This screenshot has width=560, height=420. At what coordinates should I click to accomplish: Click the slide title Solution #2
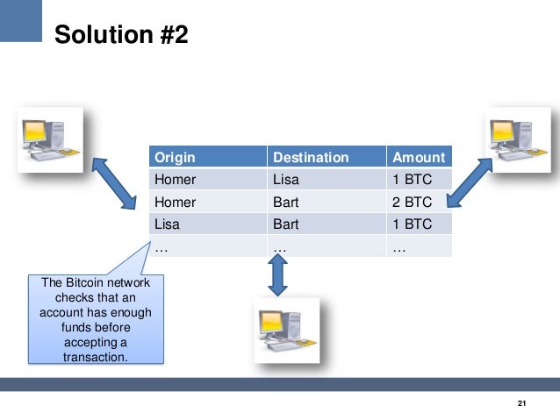pos(120,35)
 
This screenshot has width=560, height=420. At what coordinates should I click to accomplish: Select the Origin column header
pos(175,158)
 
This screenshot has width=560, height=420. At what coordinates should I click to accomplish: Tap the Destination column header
pos(311,158)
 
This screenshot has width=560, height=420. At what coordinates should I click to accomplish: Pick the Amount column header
pos(419,158)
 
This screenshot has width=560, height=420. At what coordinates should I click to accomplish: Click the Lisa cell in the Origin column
pos(168,224)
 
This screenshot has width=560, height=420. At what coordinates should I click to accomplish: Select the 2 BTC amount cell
pos(412,202)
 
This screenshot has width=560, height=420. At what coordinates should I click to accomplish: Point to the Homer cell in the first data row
pos(176,180)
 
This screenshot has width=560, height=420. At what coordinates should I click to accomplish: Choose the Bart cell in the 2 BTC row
pos(286,202)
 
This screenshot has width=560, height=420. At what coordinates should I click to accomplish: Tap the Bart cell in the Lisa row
pos(286,224)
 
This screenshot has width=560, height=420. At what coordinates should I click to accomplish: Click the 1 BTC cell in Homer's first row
pos(412,180)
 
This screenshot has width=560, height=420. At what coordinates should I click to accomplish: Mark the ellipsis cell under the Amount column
pos(399,246)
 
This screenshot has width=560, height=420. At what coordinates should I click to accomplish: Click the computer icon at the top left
pos(52,138)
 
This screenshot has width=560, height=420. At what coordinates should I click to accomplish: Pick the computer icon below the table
pos(286,329)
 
